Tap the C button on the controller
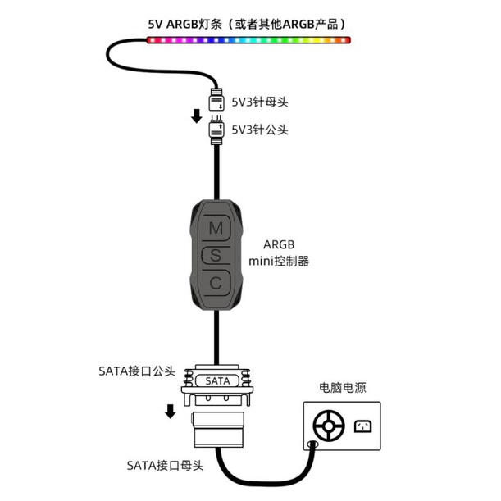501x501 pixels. point(216,283)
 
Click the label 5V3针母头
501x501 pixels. point(260,102)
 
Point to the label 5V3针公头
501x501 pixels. point(260,130)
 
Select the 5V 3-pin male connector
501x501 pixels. point(217,130)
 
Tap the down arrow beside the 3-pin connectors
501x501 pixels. point(197,116)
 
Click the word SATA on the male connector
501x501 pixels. point(217,380)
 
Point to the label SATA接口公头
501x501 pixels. point(136,371)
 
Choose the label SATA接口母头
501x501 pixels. point(164,466)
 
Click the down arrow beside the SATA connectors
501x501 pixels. point(171,410)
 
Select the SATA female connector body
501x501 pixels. point(217,430)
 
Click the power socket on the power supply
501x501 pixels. point(362,426)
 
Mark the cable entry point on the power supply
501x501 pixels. point(312,445)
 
